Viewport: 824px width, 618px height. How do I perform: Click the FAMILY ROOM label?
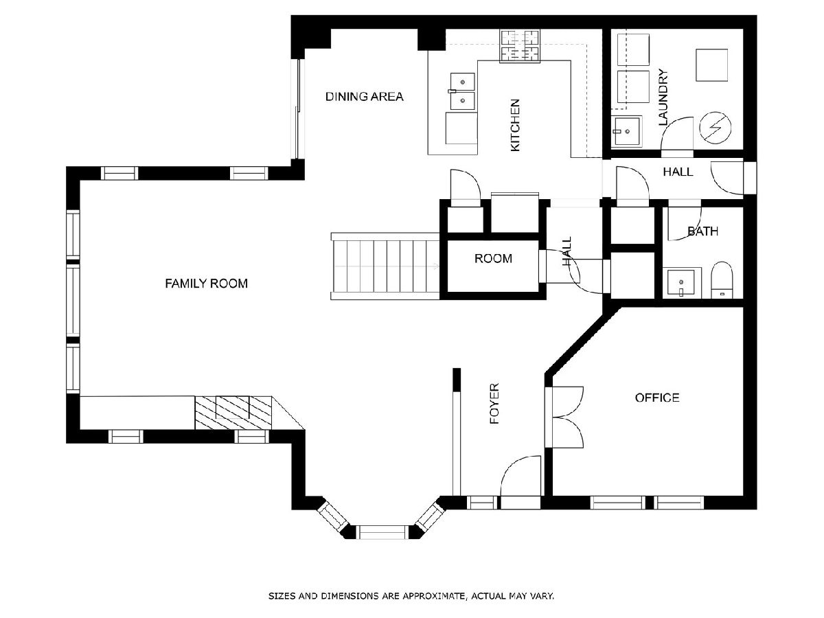(206, 284)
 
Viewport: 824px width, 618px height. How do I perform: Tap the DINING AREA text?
(364, 97)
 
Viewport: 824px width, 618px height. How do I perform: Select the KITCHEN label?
(515, 126)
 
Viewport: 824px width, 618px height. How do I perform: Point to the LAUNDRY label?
(663, 98)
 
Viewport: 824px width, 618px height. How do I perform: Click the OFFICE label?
(657, 398)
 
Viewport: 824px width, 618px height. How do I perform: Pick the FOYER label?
(494, 403)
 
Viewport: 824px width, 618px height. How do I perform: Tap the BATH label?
(702, 231)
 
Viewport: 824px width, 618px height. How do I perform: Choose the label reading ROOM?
(493, 259)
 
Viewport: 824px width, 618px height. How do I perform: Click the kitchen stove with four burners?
(520, 47)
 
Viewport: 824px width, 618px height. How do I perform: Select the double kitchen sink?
(463, 91)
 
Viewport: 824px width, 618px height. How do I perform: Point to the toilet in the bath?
(722, 280)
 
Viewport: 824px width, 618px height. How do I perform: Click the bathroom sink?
(681, 283)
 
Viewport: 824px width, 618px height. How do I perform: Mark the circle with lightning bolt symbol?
(715, 128)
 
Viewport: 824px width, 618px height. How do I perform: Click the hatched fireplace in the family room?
(233, 413)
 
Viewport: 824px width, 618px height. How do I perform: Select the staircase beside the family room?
(385, 266)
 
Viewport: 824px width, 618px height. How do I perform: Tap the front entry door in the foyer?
(520, 482)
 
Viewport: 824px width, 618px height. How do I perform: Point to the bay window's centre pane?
(382, 532)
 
